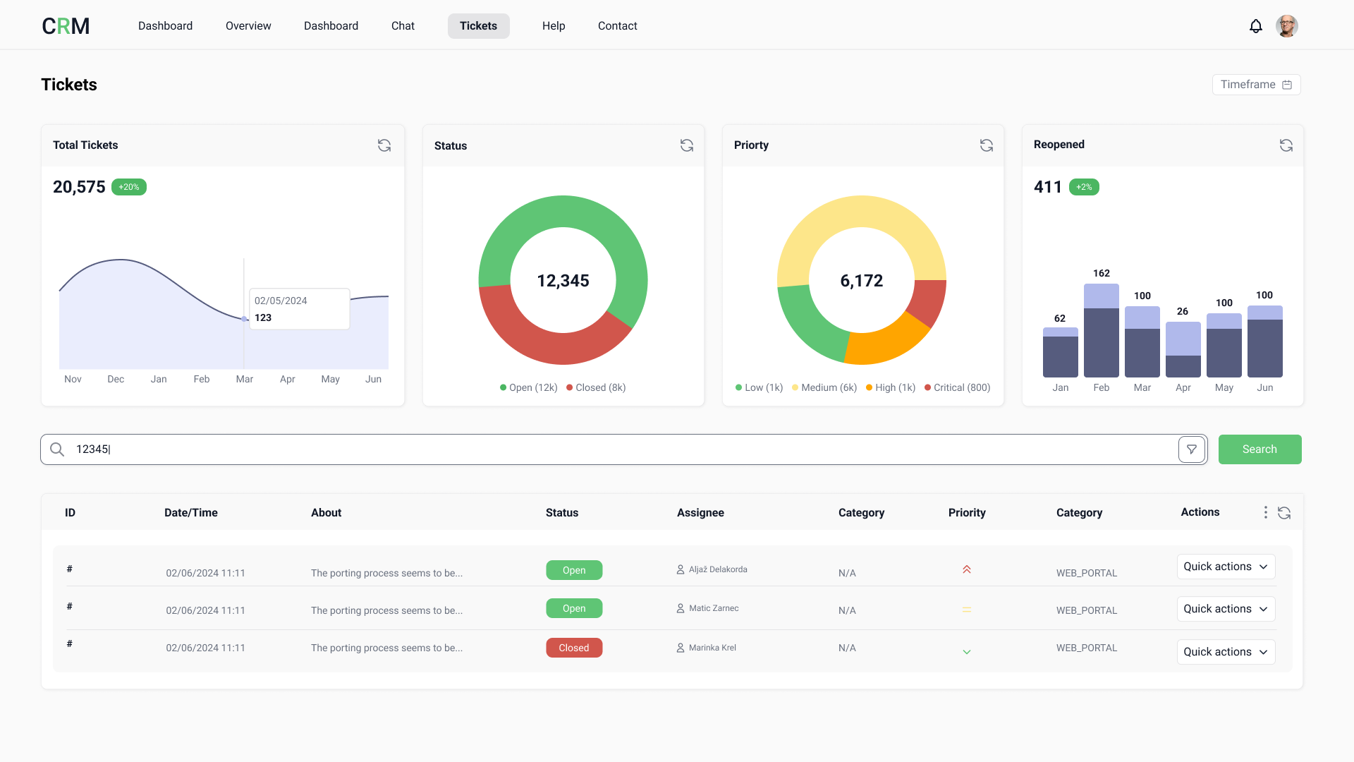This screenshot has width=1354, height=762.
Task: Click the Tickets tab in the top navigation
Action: pyautogui.click(x=478, y=26)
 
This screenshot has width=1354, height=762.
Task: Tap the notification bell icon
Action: pyautogui.click(x=1255, y=26)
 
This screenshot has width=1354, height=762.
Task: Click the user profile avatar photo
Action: pyautogui.click(x=1286, y=26)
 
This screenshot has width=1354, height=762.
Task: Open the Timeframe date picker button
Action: pyautogui.click(x=1256, y=85)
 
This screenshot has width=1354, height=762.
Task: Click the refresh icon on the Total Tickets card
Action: pyautogui.click(x=384, y=145)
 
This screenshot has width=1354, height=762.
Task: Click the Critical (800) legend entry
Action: pyautogui.click(x=958, y=387)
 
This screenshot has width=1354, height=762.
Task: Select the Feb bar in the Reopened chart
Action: pyautogui.click(x=1101, y=332)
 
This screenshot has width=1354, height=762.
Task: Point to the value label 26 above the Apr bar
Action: pyautogui.click(x=1183, y=311)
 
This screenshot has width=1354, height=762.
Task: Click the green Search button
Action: pyautogui.click(x=1260, y=449)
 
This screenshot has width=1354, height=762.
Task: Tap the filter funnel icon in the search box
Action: pyautogui.click(x=1192, y=449)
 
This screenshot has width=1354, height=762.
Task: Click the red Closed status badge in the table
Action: pyautogui.click(x=574, y=648)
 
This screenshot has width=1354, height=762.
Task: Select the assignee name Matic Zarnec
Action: pyautogui.click(x=714, y=608)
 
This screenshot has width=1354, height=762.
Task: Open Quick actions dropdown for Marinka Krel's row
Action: pyautogui.click(x=1226, y=652)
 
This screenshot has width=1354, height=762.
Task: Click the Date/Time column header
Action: pyautogui.click(x=190, y=513)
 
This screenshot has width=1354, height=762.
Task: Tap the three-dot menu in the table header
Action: pyautogui.click(x=1266, y=513)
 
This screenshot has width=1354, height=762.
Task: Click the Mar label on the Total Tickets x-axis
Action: pyautogui.click(x=245, y=380)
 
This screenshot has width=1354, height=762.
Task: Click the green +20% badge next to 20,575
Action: pyautogui.click(x=129, y=187)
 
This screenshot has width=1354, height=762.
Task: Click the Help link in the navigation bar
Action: pyautogui.click(x=554, y=26)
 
